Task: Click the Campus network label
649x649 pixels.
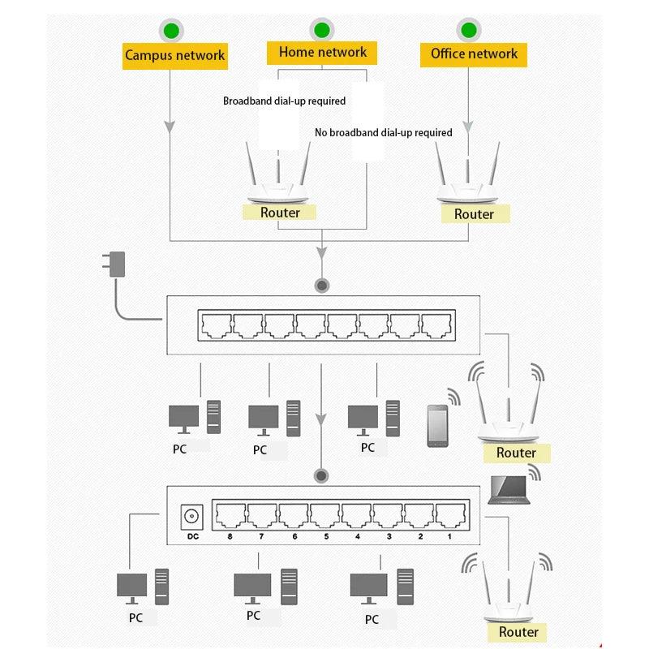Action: pyautogui.click(x=174, y=56)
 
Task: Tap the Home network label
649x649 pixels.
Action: pyautogui.click(x=322, y=53)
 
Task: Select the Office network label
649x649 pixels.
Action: pyautogui.click(x=474, y=54)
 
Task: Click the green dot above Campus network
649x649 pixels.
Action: pyautogui.click(x=171, y=31)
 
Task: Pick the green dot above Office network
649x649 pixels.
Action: pyautogui.click(x=468, y=31)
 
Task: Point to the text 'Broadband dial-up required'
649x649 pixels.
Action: pyautogui.click(x=284, y=101)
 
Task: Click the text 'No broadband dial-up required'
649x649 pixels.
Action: pyautogui.click(x=383, y=132)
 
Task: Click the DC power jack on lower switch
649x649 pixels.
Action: pyautogui.click(x=192, y=516)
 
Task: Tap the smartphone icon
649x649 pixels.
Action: pyautogui.click(x=437, y=425)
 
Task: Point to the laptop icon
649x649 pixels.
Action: pyautogui.click(x=508, y=489)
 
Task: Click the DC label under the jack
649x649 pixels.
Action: pyautogui.click(x=192, y=536)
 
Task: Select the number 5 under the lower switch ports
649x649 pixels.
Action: pyautogui.click(x=326, y=537)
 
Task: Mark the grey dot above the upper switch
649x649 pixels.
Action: pyautogui.click(x=322, y=286)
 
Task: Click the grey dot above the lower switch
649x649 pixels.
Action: pyautogui.click(x=322, y=476)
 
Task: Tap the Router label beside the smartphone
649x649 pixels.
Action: pyautogui.click(x=516, y=453)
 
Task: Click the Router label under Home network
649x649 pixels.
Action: pyautogui.click(x=280, y=213)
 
